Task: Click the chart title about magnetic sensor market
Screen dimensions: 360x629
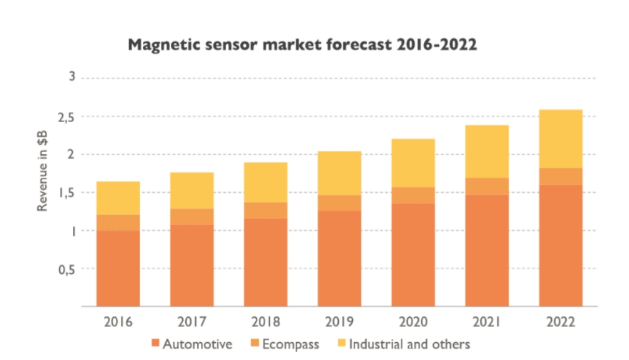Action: click(302, 45)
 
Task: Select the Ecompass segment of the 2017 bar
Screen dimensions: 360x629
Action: click(192, 216)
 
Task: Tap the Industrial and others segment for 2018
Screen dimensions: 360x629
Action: click(265, 182)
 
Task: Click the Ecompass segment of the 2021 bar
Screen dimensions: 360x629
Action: click(487, 186)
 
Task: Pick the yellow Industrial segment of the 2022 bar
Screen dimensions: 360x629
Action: click(560, 139)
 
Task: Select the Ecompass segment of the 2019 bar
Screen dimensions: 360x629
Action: click(339, 203)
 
